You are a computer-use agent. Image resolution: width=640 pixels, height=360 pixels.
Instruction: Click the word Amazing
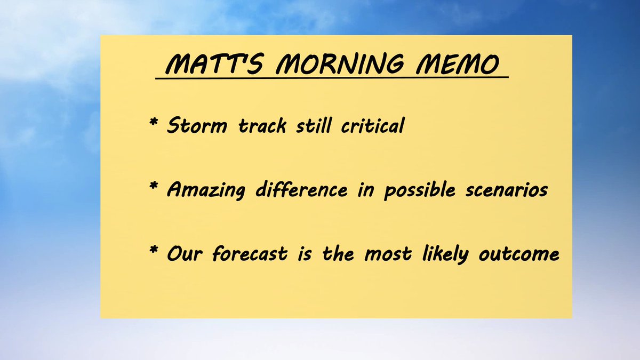[208, 190]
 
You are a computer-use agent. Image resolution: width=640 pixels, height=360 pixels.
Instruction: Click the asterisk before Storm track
[154, 124]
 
